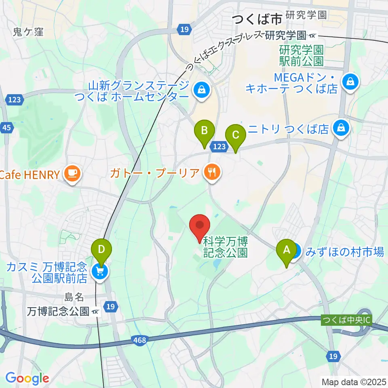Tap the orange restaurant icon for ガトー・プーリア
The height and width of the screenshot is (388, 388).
[211, 173]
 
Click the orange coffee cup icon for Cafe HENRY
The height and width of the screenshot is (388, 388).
[73, 174]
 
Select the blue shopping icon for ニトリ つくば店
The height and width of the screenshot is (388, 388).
[342, 129]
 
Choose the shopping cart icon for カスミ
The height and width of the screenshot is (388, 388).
[101, 271]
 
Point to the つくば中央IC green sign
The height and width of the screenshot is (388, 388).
[346, 319]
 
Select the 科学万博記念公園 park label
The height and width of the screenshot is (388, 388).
[225, 247]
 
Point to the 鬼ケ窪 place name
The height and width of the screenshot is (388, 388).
[28, 32]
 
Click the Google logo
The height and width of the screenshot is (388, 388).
[27, 378]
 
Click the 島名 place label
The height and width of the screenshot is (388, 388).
[74, 297]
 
